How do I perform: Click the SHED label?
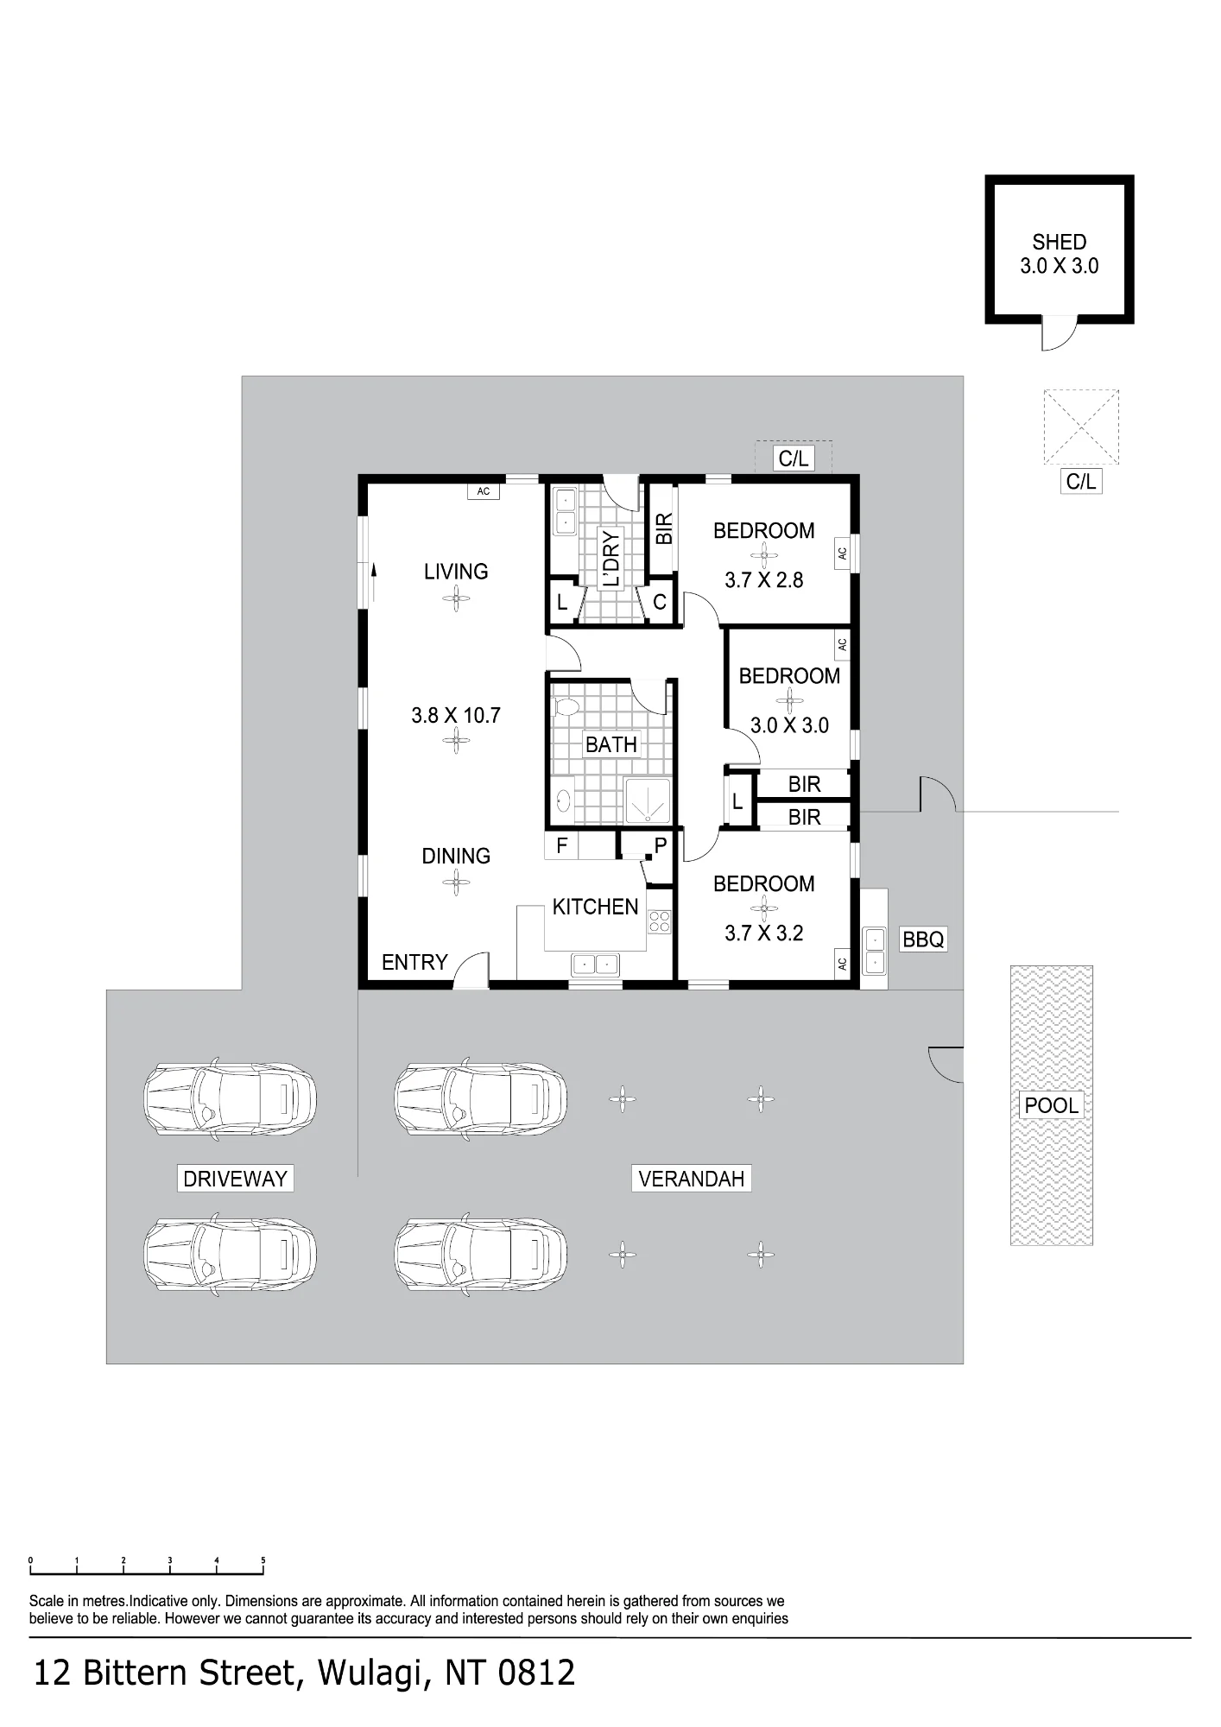coord(1059,242)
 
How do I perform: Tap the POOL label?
coord(1051,1105)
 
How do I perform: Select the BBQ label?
coord(923,939)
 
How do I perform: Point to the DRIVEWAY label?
coord(235,1179)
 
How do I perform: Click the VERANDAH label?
coord(692,1179)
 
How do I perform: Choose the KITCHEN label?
coord(595,907)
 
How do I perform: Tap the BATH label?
coord(611,744)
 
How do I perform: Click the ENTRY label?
coord(414,962)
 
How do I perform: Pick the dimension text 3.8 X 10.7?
coord(456,715)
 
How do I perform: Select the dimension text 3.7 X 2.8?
coord(764,579)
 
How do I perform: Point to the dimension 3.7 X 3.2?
coord(764,933)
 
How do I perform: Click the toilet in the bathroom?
coord(565,708)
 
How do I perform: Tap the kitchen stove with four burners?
coord(660,922)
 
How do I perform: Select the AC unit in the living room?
coord(484,491)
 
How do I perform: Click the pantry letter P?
coord(661,845)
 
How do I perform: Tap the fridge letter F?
coord(562,845)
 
